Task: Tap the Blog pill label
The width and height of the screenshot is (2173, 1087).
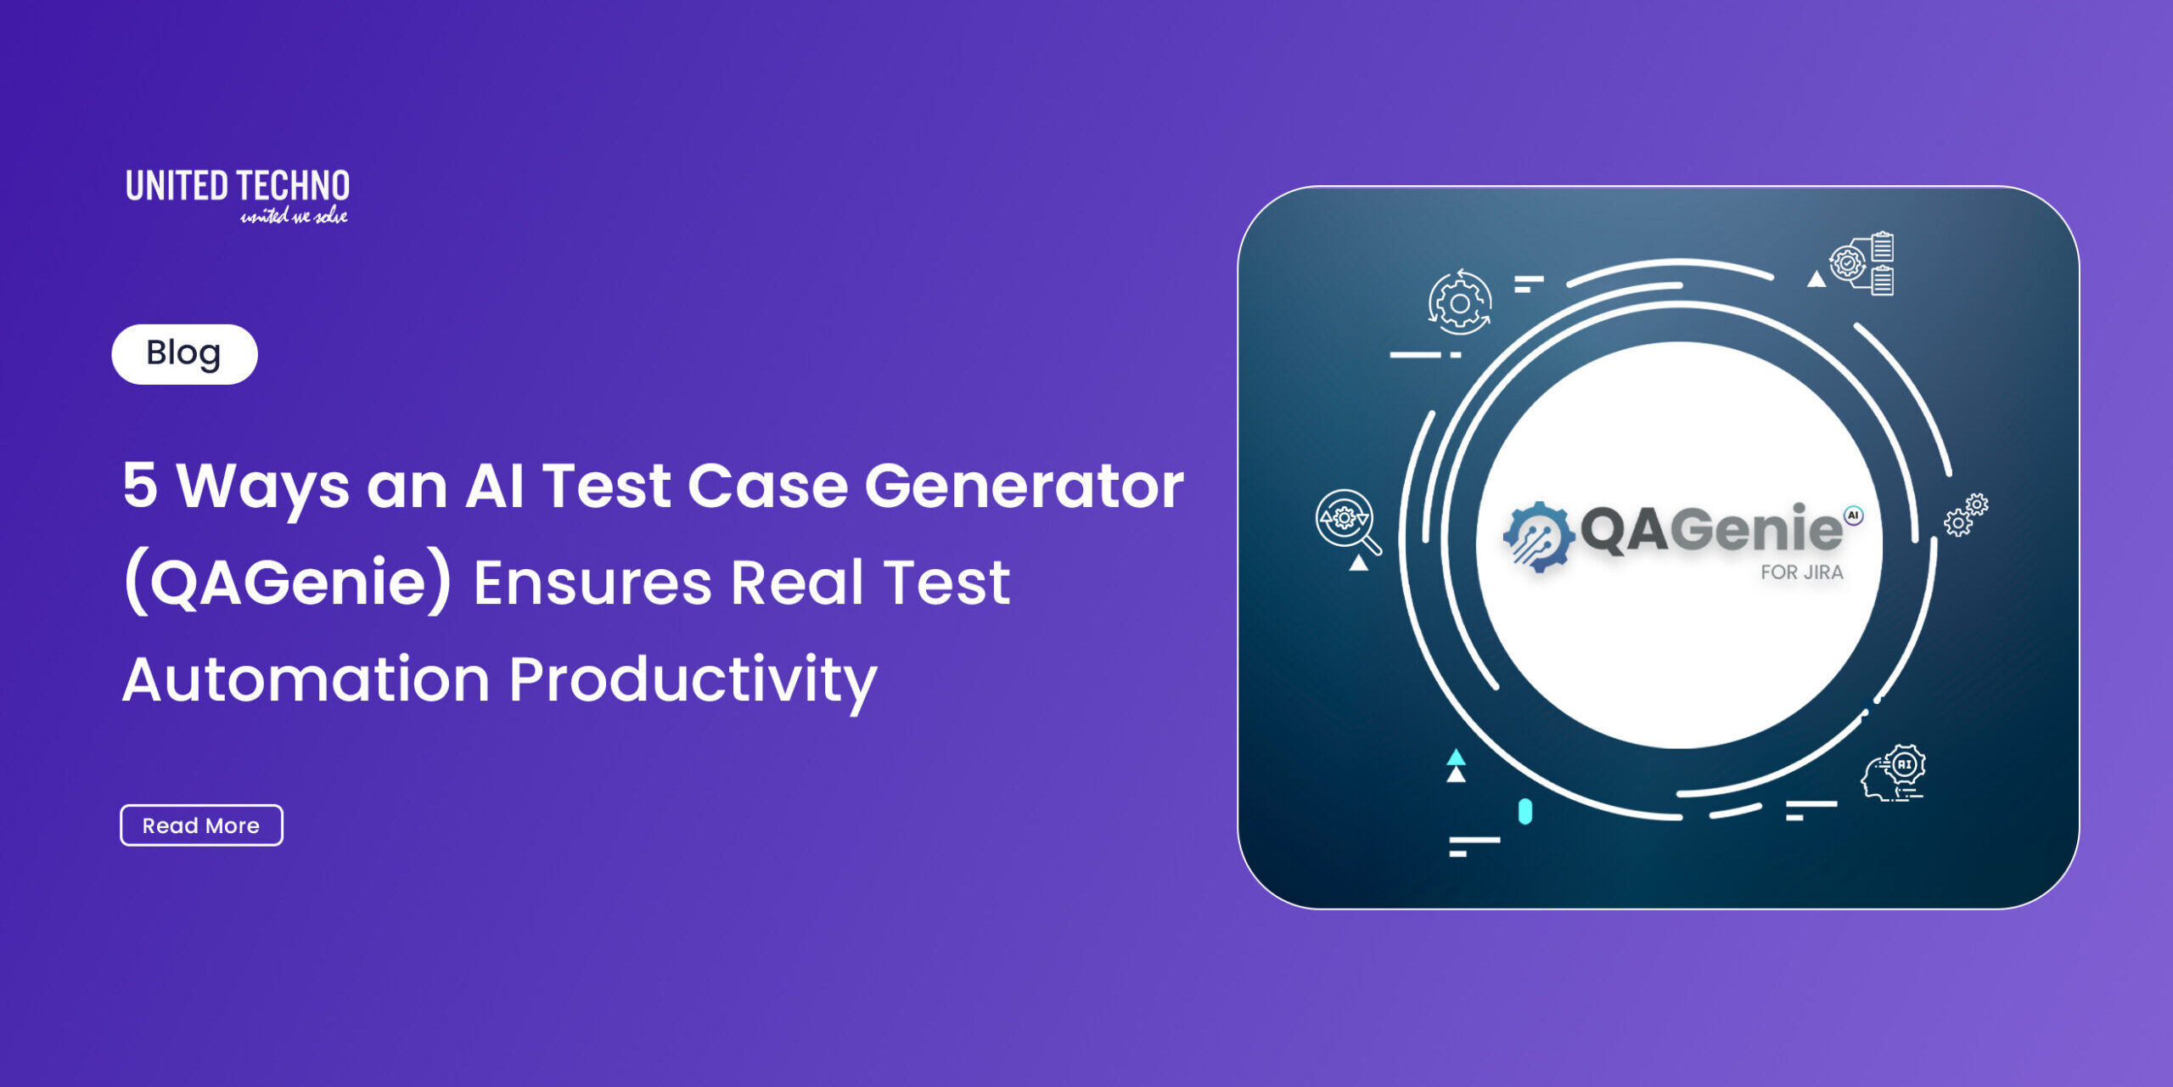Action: click(184, 354)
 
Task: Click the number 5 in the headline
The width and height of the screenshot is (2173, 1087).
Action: click(140, 485)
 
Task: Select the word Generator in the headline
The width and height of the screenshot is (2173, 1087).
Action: click(1024, 486)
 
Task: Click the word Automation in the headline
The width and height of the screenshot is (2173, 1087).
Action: click(306, 679)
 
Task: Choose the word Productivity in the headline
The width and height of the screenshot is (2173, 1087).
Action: click(693, 683)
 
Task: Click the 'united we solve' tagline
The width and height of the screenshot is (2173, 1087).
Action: click(294, 216)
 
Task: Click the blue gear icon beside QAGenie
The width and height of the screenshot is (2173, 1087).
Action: click(1538, 536)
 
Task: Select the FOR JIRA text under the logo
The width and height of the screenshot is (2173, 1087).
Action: click(1801, 572)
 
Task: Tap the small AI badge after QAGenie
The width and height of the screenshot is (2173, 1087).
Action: click(1853, 515)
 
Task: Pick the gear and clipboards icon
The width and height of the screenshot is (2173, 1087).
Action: click(1862, 263)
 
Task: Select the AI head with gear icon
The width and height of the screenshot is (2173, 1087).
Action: click(1893, 772)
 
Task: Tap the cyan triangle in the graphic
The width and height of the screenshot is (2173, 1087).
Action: click(1456, 757)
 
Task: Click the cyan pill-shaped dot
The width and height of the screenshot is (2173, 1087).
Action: click(1525, 812)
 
